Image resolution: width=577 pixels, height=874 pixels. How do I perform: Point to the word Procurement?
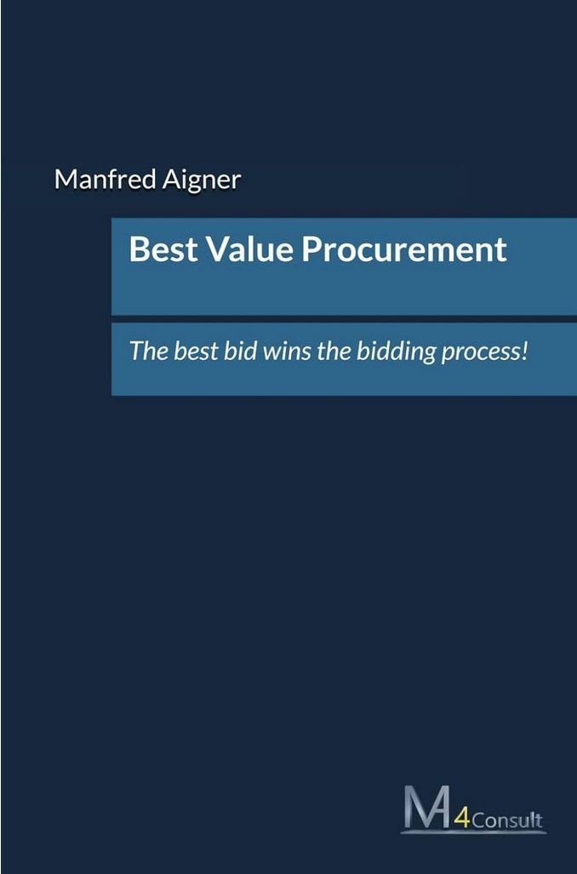pyautogui.click(x=404, y=249)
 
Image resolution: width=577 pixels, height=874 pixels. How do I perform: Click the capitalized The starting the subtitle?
pyautogui.click(x=145, y=351)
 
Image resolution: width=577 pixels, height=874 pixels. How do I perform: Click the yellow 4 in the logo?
pyautogui.click(x=460, y=820)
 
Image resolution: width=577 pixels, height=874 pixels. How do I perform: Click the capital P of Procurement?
pyautogui.click(x=315, y=249)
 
